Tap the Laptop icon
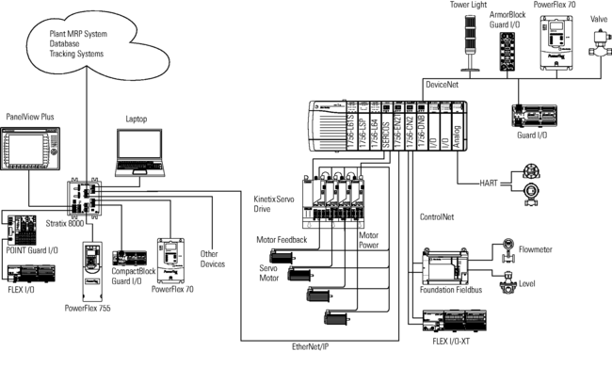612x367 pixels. click(x=137, y=151)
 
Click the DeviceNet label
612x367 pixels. click(x=445, y=85)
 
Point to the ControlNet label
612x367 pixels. click(x=436, y=217)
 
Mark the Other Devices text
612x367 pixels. click(x=215, y=259)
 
